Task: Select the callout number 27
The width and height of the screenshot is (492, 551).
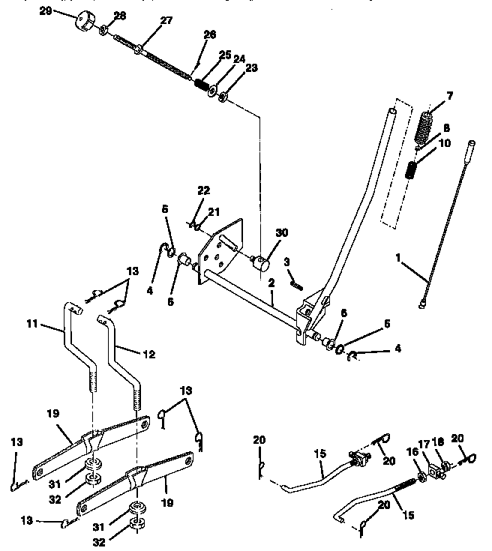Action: pos(166,21)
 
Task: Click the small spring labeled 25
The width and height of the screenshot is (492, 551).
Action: pos(201,84)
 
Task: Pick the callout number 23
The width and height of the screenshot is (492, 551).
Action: pos(251,67)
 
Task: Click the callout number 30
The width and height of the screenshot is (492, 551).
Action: pos(281,233)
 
